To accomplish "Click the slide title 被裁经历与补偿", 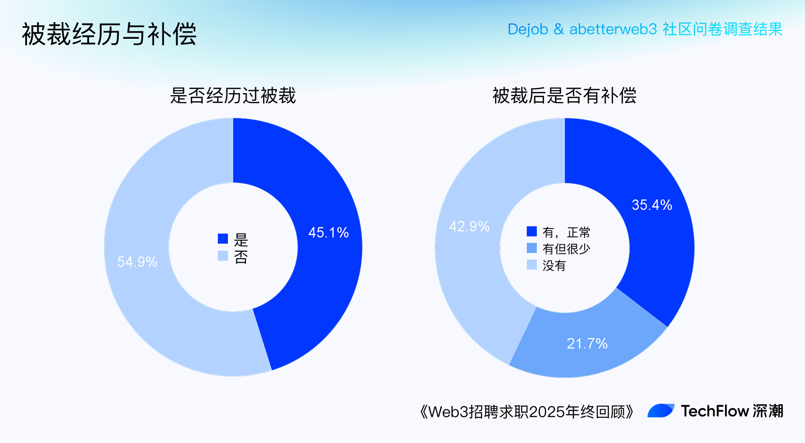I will click(x=109, y=34).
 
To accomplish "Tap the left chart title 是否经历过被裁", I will click(x=232, y=96).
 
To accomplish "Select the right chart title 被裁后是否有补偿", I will click(x=564, y=96).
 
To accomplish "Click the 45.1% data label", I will click(x=329, y=233).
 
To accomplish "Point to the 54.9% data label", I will click(x=137, y=262).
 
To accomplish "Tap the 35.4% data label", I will click(x=652, y=205).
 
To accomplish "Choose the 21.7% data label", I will click(x=587, y=344).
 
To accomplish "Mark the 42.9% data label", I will click(x=469, y=227).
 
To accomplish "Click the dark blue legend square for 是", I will click(x=223, y=239).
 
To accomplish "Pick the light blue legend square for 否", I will click(x=223, y=256).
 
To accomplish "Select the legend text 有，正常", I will click(x=566, y=233).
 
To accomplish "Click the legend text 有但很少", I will click(x=566, y=249).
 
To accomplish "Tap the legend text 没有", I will click(x=554, y=265).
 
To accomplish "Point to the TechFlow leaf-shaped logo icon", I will click(x=661, y=411).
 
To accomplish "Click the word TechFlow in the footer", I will click(x=714, y=411).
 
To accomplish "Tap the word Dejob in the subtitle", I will click(x=527, y=29).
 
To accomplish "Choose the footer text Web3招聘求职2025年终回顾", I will click(x=526, y=412).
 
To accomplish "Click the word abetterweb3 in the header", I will click(x=613, y=29).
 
